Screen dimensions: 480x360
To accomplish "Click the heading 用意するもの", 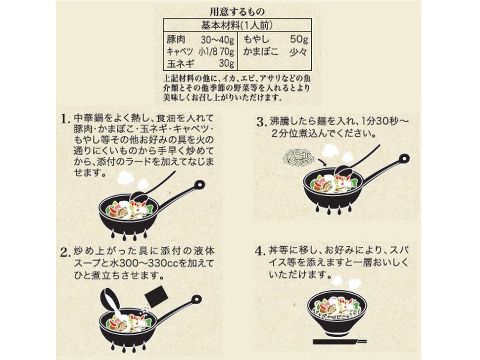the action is click(x=237, y=12).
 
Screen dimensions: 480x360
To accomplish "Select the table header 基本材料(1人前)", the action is click(x=237, y=25).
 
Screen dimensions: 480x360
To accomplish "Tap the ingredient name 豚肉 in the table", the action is click(x=176, y=40).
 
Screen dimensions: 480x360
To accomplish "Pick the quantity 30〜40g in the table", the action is click(x=217, y=40).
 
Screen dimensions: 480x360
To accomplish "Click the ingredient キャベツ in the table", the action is click(x=180, y=52).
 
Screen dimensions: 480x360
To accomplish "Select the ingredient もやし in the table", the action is click(x=256, y=40).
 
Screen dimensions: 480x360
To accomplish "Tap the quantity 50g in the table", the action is click(x=299, y=40).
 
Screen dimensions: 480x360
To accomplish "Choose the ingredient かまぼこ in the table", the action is click(x=261, y=52).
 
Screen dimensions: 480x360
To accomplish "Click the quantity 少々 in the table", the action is click(x=298, y=52).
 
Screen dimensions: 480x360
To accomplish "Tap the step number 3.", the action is click(x=260, y=122).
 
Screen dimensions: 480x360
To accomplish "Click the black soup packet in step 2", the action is click(x=156, y=296).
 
